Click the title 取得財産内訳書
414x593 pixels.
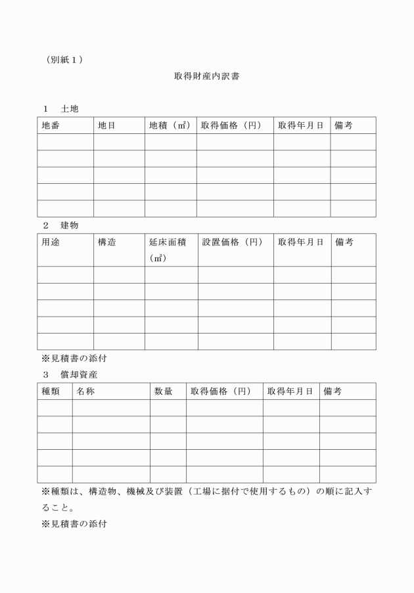206,76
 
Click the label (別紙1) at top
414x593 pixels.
64,60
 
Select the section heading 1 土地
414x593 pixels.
60,108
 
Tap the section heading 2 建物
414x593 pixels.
60,225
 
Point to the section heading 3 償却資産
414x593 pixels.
69,374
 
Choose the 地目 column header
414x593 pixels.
106,125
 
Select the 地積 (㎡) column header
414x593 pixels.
170,125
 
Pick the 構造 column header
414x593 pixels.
107,242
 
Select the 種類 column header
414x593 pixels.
51,391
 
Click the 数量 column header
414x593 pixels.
163,391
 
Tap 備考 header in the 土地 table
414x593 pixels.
344,125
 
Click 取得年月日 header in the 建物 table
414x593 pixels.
301,242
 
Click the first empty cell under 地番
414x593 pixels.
65,142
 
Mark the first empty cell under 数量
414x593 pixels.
168,408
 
